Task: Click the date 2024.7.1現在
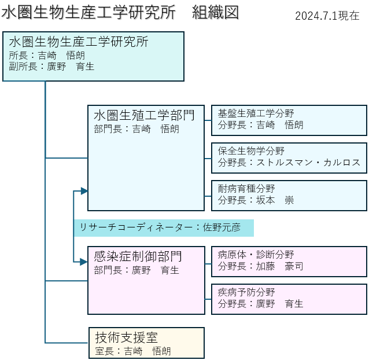click(x=327, y=16)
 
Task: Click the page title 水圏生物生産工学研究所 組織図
click(x=120, y=12)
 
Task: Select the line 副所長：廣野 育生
click(x=51, y=67)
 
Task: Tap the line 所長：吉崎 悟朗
click(x=47, y=56)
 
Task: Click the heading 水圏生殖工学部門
click(x=144, y=115)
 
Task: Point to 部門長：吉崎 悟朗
click(x=136, y=129)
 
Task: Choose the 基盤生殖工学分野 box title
click(x=256, y=113)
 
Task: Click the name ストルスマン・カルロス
click(x=308, y=163)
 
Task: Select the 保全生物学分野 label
click(x=251, y=151)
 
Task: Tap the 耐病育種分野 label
click(x=246, y=189)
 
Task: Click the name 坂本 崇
click(x=275, y=200)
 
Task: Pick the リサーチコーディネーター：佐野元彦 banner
click(x=164, y=227)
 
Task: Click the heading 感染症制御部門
click(x=138, y=256)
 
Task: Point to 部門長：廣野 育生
click(x=136, y=270)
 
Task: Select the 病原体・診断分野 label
click(x=256, y=255)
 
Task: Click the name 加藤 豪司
click(x=279, y=266)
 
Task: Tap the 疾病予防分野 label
click(x=246, y=292)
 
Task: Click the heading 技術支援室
click(x=126, y=337)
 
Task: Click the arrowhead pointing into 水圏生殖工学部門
click(x=84, y=191)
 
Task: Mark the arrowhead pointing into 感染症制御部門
click(x=84, y=262)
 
